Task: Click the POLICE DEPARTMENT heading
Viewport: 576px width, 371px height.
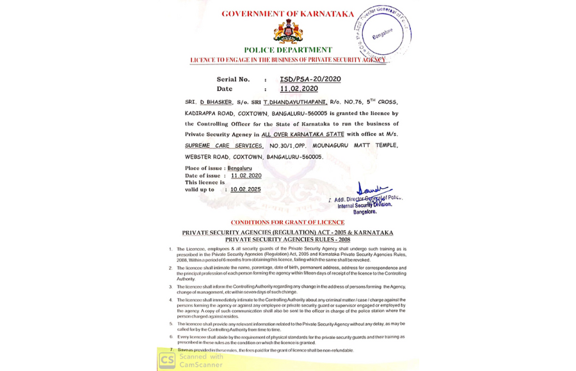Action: pyautogui.click(x=288, y=50)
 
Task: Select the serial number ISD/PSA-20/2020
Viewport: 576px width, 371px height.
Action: pyautogui.click(x=310, y=79)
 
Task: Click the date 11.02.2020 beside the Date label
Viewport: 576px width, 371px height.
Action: pyautogui.click(x=299, y=89)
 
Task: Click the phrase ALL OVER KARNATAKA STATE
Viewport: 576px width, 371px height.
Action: pyautogui.click(x=302, y=134)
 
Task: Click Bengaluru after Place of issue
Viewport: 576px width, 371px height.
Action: pyautogui.click(x=239, y=168)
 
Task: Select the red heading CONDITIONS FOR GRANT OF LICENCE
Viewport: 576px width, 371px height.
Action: pyautogui.click(x=287, y=223)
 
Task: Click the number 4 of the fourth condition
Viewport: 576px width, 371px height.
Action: pyautogui.click(x=170, y=299)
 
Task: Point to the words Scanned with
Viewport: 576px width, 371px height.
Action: pyautogui.click(x=202, y=356)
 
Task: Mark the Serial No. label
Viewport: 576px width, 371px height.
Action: pyautogui.click(x=233, y=79)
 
